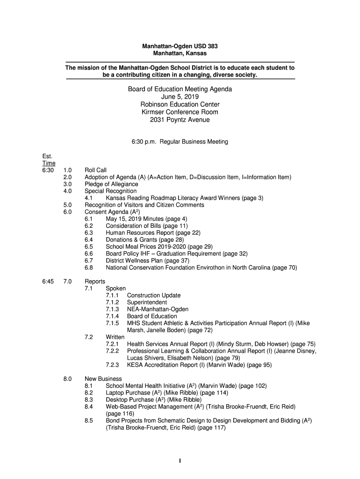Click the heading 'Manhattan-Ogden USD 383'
point(180,46)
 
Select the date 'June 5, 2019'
point(180,97)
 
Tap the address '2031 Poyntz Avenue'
point(180,120)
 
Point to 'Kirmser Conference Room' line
point(180,112)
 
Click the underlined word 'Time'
point(49,163)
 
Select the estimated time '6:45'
point(48,282)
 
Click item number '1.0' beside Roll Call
point(67,170)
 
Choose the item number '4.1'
point(89,198)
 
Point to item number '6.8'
point(89,268)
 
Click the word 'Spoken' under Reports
point(115,289)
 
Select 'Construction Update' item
point(153,295)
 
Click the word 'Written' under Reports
point(115,337)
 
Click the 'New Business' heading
point(103,378)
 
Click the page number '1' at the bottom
point(180,461)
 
